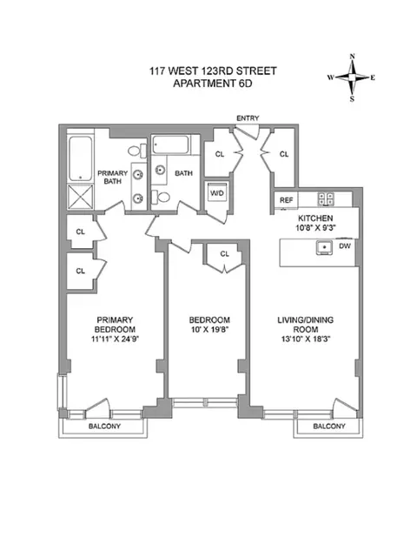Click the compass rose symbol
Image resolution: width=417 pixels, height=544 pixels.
352,77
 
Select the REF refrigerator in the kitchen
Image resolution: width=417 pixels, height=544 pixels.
286,200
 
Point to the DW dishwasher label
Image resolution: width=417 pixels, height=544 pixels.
345,247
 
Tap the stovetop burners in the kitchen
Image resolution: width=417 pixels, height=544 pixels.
327,198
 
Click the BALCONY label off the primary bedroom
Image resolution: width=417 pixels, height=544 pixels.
103,426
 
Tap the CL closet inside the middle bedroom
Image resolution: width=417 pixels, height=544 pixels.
224,254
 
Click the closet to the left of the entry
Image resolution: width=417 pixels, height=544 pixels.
221,154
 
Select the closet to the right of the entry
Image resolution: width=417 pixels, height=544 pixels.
284,154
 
